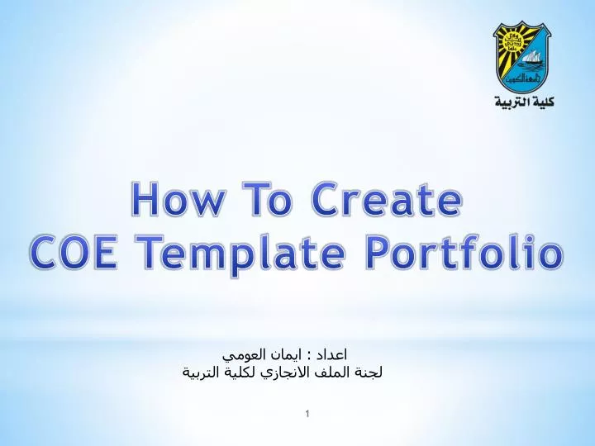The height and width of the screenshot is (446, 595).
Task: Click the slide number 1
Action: (307, 412)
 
